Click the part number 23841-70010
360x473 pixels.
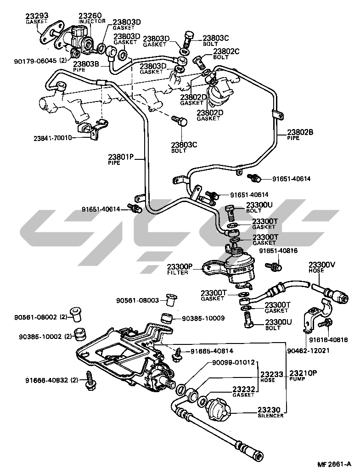point(53,137)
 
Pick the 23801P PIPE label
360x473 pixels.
point(121,159)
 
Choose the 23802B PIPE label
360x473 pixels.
point(301,134)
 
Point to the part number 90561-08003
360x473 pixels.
point(137,300)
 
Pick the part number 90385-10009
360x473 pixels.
point(203,318)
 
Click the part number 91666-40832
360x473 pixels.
point(47,380)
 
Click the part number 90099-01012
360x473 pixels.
point(234,362)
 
